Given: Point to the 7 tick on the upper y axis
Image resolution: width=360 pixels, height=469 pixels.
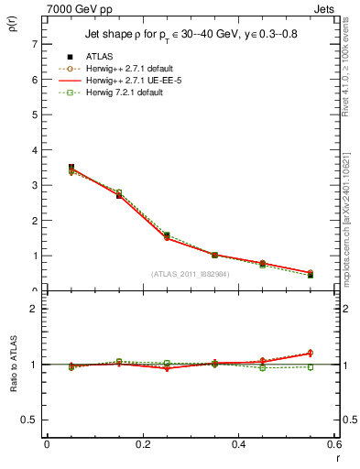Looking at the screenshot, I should point(35,44).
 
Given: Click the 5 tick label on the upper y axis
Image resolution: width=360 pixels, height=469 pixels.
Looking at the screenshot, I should point(35,115).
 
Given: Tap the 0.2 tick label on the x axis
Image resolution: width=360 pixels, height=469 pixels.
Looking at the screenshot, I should point(142,444).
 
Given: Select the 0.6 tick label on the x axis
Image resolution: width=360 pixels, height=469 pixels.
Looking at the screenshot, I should point(333,444).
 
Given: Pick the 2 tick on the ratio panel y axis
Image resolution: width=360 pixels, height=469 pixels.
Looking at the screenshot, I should point(35,309).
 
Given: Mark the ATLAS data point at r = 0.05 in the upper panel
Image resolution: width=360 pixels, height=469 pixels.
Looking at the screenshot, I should point(47,168).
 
